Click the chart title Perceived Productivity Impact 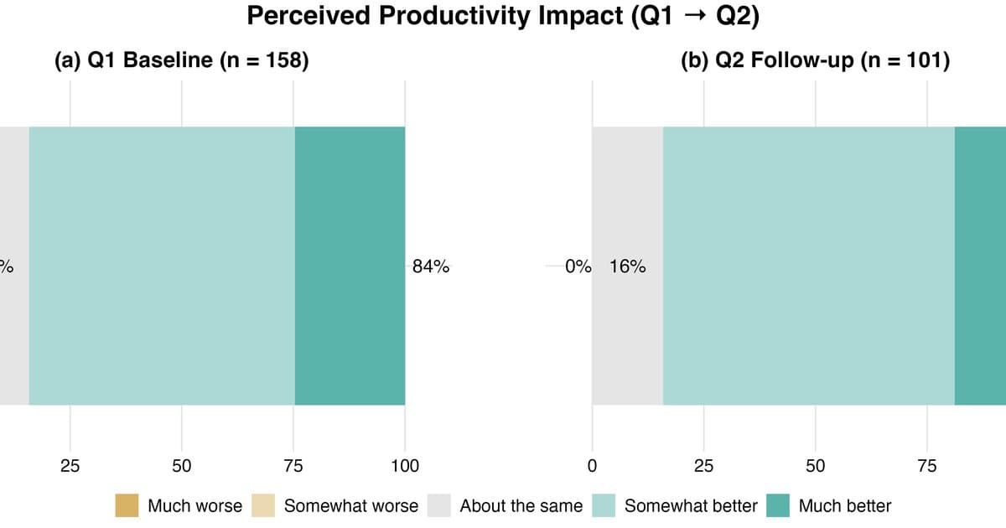pos(434,16)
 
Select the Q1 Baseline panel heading pos(181,60)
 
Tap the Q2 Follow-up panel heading pos(815,60)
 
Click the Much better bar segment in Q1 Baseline pos(350,266)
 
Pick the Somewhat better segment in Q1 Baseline pos(162,266)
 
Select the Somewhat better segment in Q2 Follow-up pos(809,266)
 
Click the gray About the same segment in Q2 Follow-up pos(628,266)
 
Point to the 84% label pos(431,267)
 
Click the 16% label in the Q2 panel pos(627,267)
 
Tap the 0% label pos(578,267)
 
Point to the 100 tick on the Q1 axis pos(405,466)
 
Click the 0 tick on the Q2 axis pos(592,466)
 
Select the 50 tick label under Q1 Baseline pos(181,466)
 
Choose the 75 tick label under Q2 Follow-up pos(927,466)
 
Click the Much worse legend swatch pos(127,505)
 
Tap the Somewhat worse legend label pos(351,506)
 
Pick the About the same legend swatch pos(438,505)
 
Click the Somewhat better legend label pos(691,506)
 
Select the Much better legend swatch pos(778,505)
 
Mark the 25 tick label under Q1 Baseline pos(70,466)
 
